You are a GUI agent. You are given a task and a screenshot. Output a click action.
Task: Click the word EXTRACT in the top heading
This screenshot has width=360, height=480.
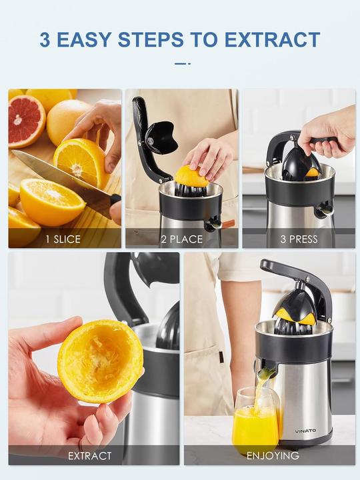click(x=272, y=39)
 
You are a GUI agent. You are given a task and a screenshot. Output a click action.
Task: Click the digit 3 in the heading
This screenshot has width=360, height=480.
click(x=45, y=39)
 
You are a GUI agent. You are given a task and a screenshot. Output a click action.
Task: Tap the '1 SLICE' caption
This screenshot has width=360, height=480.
click(x=64, y=239)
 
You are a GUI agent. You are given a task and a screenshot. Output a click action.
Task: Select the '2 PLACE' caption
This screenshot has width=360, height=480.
click(x=182, y=239)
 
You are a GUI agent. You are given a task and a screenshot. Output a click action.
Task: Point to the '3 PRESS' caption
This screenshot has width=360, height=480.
click(x=298, y=239)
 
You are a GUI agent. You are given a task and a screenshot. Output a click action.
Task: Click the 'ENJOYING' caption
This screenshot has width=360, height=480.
click(x=273, y=456)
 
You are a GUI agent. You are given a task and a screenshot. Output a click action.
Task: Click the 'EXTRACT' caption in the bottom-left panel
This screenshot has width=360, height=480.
click(x=90, y=456)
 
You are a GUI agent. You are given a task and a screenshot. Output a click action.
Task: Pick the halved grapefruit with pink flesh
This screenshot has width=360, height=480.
click(x=26, y=121)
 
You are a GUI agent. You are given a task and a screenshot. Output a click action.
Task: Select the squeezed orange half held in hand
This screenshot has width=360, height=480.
click(x=99, y=361)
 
